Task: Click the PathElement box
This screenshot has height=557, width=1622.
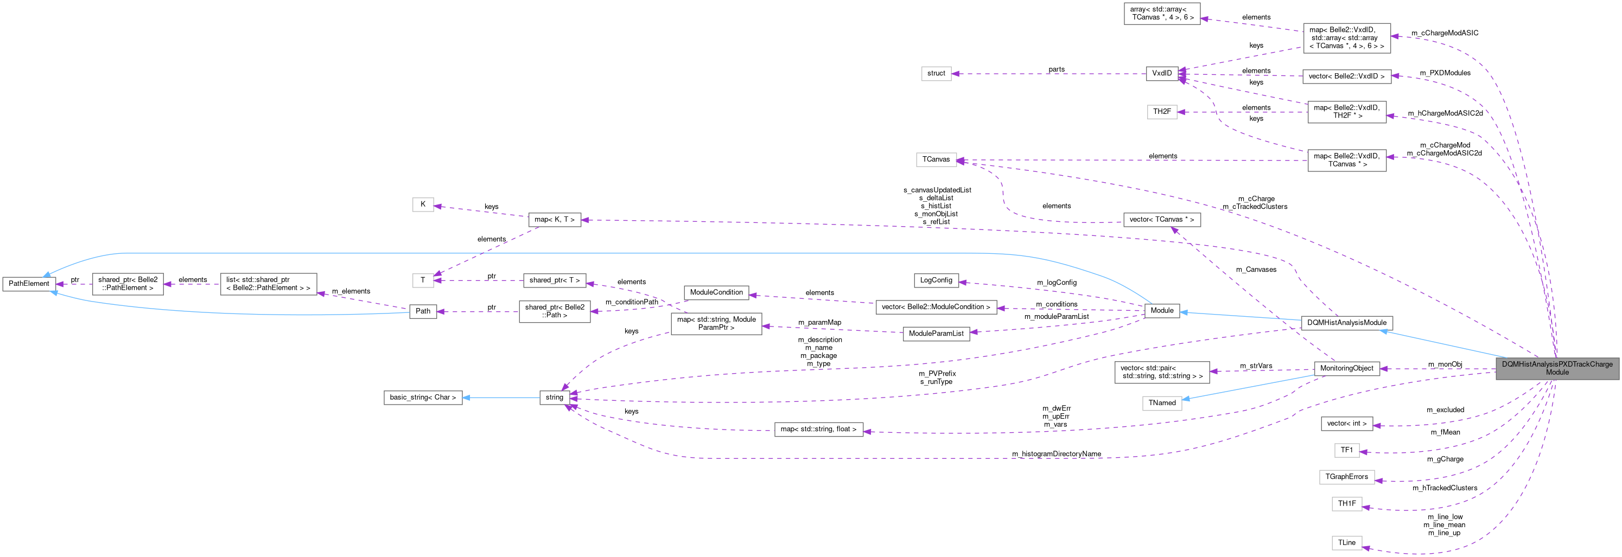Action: (x=28, y=284)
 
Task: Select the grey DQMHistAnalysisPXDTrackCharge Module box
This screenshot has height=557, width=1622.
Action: (x=1556, y=368)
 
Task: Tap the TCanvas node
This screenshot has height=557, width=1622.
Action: (x=936, y=160)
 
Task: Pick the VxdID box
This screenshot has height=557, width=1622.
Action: (x=1162, y=74)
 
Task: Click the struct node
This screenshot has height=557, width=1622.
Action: (x=936, y=74)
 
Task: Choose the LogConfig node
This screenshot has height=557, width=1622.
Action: (x=936, y=280)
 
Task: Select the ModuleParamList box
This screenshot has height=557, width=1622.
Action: (x=936, y=334)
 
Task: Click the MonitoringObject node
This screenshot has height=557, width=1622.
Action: (x=1346, y=369)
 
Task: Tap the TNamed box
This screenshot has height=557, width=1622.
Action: (x=1162, y=403)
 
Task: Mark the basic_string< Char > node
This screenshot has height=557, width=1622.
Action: (x=423, y=398)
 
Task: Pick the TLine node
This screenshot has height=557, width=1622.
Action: (x=1346, y=542)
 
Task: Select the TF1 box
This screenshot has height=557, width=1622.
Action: (x=1346, y=450)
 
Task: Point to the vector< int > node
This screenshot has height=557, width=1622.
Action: (x=1346, y=424)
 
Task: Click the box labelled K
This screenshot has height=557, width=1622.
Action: (x=423, y=204)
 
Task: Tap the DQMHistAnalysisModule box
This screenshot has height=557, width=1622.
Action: (x=1346, y=323)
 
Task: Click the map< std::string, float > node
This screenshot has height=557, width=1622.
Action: (x=818, y=429)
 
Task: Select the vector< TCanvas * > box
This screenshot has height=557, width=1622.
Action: (x=1161, y=220)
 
